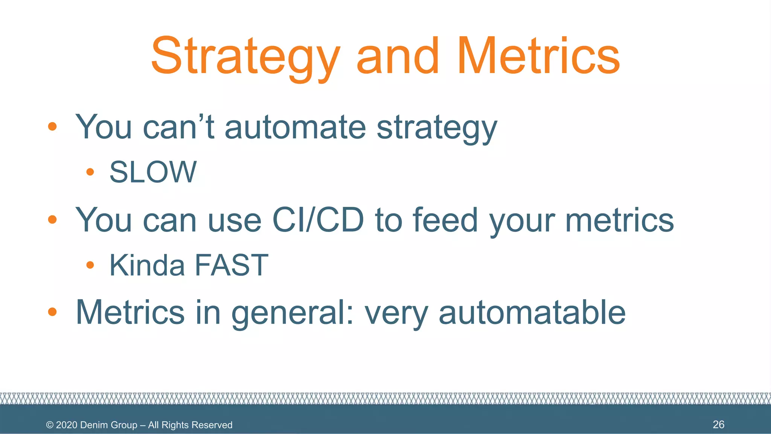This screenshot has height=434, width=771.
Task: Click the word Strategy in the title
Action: (245, 57)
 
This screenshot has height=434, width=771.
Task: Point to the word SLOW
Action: (153, 172)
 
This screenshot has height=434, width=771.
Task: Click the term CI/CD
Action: (318, 220)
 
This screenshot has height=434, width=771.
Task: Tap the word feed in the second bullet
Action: (445, 220)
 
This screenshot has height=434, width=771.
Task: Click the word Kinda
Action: (147, 265)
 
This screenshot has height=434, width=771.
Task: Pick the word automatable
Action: (532, 312)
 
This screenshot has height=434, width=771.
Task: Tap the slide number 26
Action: (718, 425)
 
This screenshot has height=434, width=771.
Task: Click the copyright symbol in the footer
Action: (50, 425)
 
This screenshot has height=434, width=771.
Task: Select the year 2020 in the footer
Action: (67, 425)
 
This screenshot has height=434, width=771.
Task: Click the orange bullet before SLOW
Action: (90, 172)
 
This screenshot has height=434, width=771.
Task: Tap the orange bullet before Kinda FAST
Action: (90, 265)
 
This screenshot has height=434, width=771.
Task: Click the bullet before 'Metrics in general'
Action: (52, 312)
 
